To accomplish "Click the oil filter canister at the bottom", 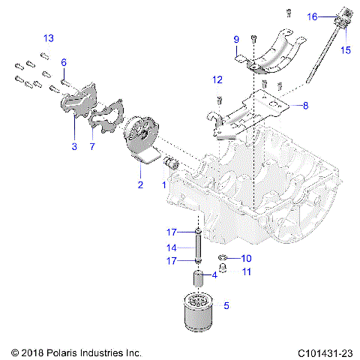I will coord(200,312).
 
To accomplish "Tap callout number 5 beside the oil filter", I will coord(226,305).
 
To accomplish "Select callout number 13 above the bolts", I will coord(48,38).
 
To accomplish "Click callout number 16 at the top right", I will coord(313,16).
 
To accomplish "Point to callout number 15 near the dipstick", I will coord(346,49).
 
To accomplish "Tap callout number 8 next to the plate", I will coord(305,106).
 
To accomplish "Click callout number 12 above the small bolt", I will coord(217,79).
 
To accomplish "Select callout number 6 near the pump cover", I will coord(64,62).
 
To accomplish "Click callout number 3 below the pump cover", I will coord(73,147).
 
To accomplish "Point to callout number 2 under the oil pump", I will coord(139,184).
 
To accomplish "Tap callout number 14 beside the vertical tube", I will coord(171,247).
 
